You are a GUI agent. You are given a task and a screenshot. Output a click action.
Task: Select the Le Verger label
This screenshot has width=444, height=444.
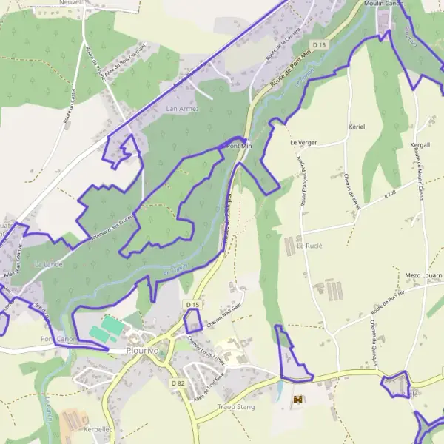click(x=303, y=142)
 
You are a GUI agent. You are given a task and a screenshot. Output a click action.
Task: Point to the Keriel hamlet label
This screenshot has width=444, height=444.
click(x=357, y=127)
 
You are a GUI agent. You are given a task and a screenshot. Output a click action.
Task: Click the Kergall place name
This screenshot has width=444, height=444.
click(x=421, y=145)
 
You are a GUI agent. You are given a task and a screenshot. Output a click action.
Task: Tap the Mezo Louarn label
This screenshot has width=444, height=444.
click(x=423, y=275)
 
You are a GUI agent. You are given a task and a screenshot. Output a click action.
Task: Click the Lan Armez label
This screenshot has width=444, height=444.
click(x=183, y=109)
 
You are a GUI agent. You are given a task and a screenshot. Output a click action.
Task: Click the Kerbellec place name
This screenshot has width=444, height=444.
click(x=98, y=428)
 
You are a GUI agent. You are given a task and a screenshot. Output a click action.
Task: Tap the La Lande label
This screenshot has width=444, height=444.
click(x=49, y=263)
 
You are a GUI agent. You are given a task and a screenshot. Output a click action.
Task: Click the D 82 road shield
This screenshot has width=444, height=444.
click(x=177, y=383)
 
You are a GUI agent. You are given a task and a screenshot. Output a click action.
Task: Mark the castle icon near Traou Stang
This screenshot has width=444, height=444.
click(x=297, y=400)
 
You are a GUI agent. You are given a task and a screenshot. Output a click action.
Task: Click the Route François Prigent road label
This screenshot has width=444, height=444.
click(x=303, y=181)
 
